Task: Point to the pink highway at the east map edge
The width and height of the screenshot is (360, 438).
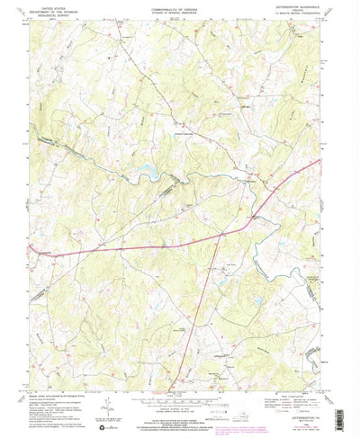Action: click(319, 162)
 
